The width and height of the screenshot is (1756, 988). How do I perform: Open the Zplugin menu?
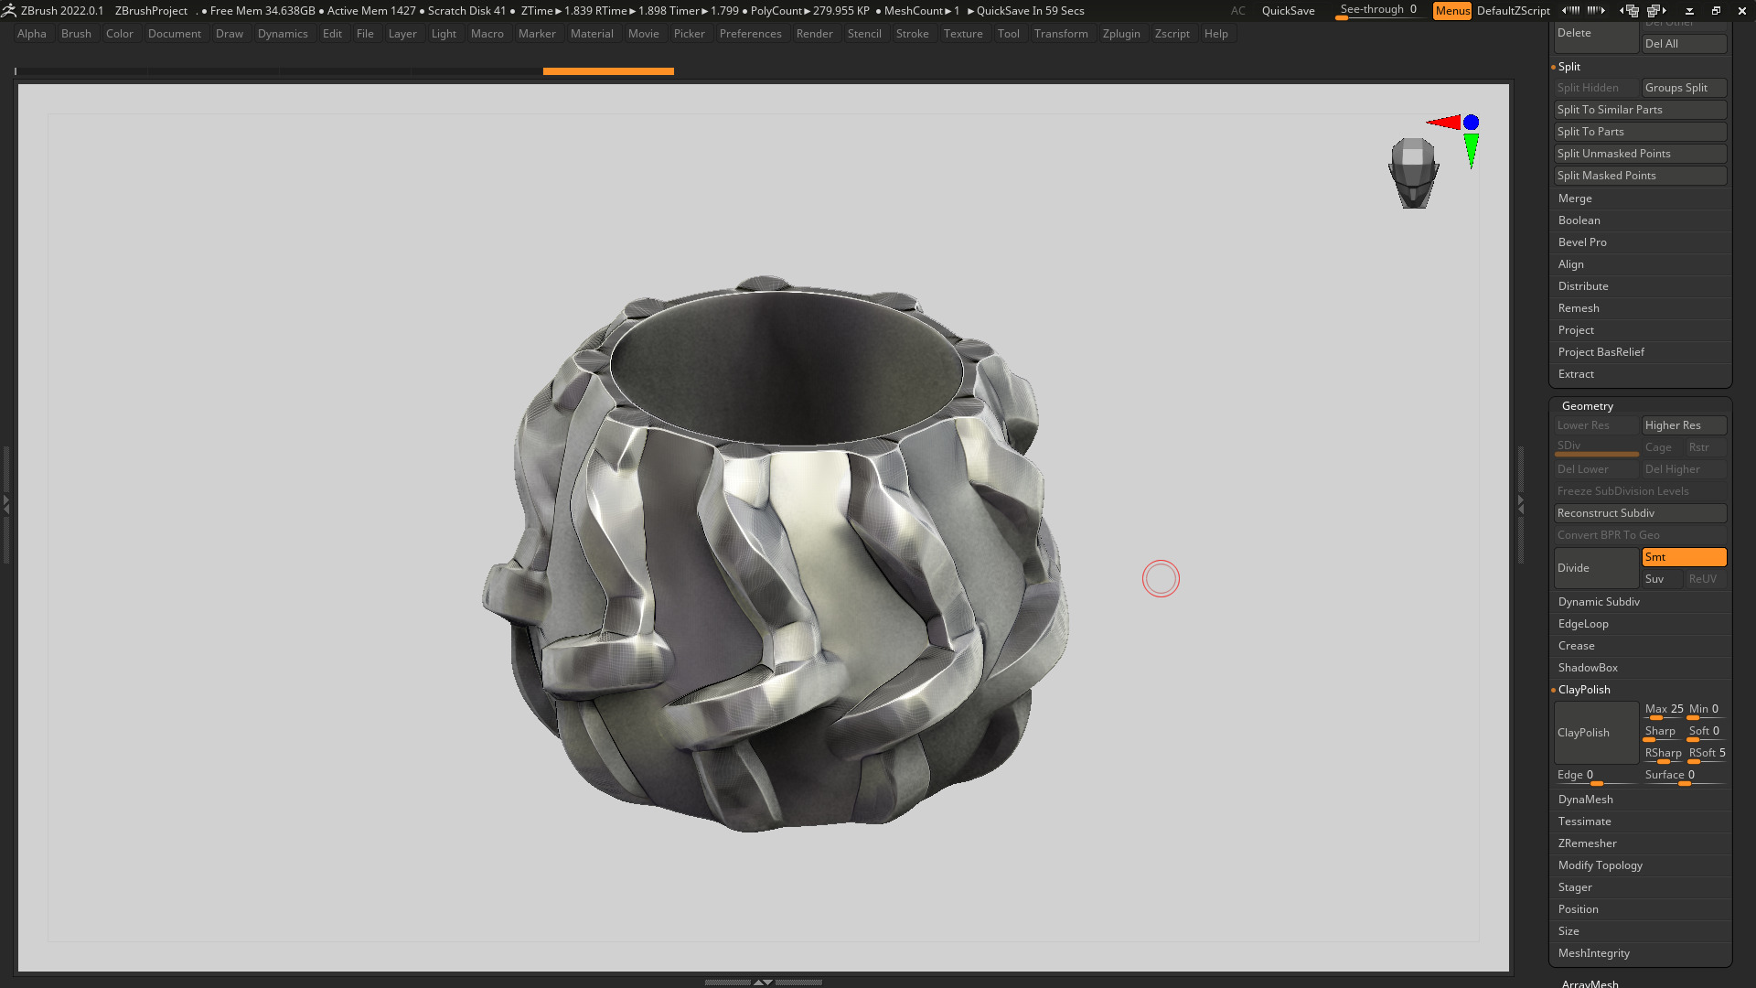tap(1120, 34)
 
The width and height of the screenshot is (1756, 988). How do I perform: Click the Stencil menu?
tap(863, 34)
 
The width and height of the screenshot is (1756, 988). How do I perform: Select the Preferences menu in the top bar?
tap(750, 34)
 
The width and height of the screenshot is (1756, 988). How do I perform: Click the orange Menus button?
tap(1451, 11)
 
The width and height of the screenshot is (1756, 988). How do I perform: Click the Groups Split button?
tap(1683, 88)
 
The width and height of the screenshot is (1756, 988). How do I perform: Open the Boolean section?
tap(1579, 220)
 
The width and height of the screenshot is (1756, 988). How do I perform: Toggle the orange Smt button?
tap(1683, 557)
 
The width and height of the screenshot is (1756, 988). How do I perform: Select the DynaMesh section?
tap(1586, 800)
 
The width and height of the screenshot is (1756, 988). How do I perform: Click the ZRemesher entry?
tap(1588, 843)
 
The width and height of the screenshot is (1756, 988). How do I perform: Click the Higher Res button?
tap(1683, 425)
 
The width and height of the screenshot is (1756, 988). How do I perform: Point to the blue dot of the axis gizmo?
tap(1471, 123)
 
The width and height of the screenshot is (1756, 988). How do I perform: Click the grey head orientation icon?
tap(1413, 172)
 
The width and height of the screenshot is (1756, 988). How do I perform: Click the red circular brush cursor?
tap(1161, 579)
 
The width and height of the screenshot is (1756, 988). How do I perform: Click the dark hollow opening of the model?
tap(787, 366)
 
